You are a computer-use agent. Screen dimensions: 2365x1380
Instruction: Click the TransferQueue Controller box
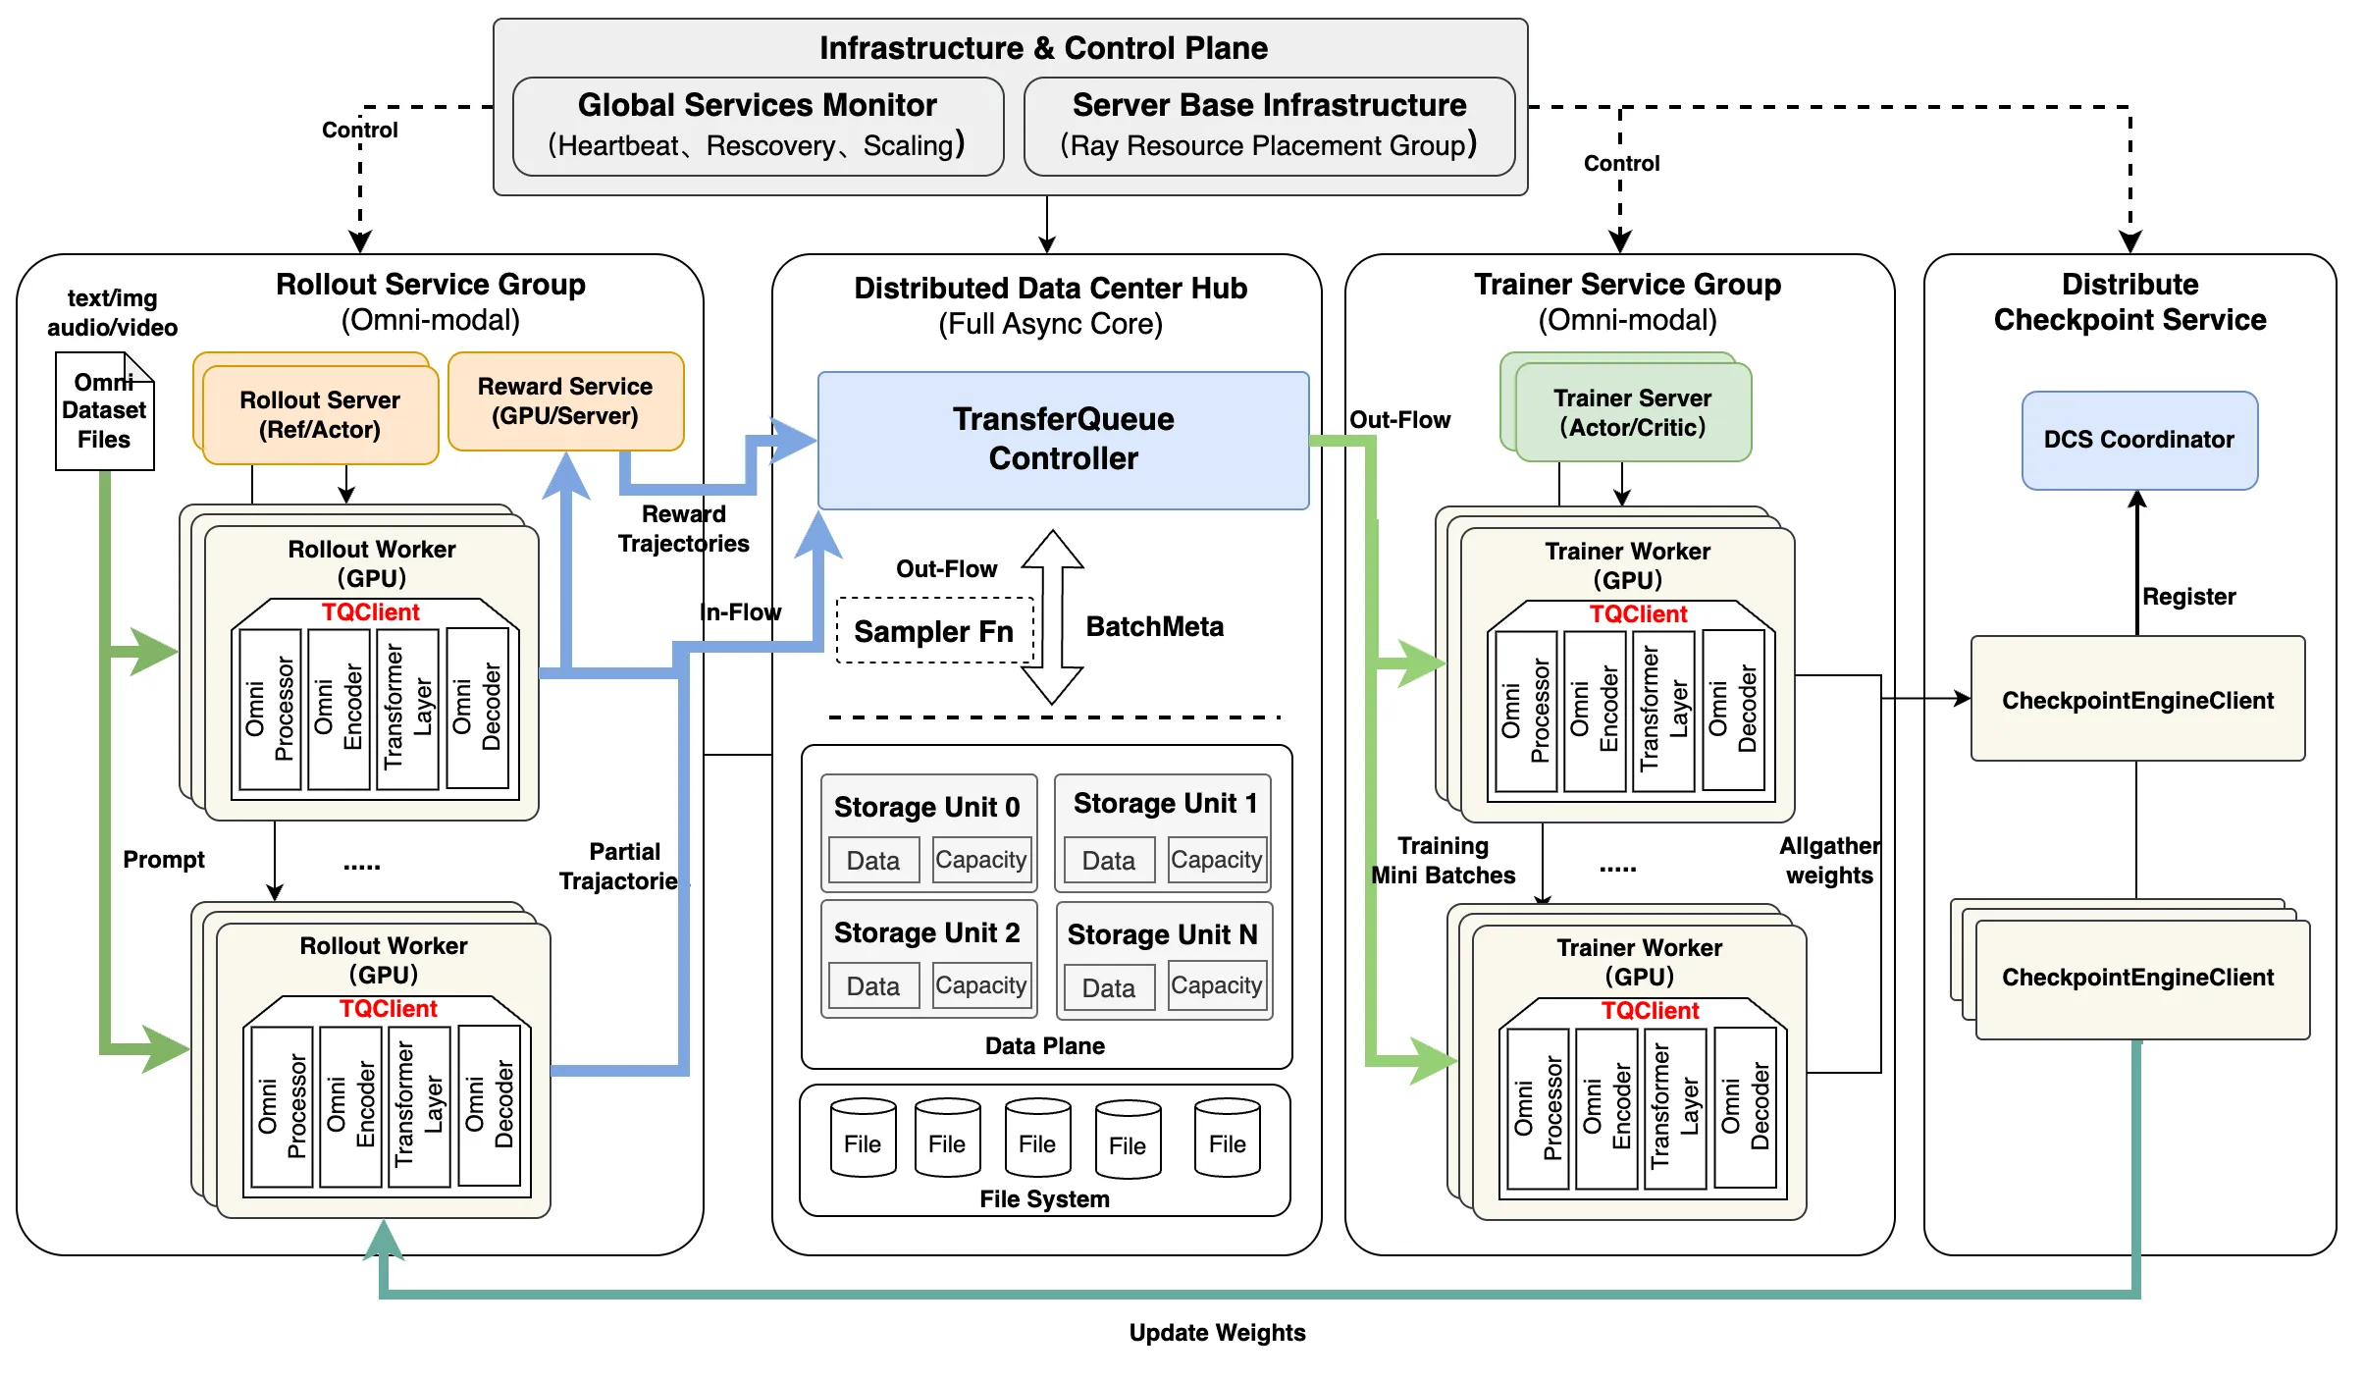click(1063, 440)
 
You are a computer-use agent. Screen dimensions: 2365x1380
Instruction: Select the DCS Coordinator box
click(2139, 440)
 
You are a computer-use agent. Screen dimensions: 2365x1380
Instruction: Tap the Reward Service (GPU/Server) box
click(565, 400)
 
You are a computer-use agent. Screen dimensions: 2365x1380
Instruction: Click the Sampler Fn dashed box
click(935, 630)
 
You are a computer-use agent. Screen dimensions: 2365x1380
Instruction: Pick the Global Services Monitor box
click(758, 126)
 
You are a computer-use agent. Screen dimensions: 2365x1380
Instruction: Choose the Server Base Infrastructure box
click(1269, 126)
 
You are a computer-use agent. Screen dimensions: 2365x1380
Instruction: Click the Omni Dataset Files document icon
click(104, 411)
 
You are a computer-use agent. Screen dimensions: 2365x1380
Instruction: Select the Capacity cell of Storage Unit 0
click(980, 860)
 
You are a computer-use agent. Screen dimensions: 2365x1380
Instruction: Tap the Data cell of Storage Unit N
click(1109, 987)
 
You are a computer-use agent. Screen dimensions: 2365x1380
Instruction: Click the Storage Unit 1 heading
click(1165, 803)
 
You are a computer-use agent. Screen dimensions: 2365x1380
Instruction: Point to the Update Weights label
click(1217, 1332)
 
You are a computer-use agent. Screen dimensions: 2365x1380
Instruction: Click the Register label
click(2188, 596)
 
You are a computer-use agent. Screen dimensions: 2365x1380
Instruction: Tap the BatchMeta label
click(1154, 626)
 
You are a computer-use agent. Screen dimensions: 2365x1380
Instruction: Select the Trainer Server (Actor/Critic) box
click(1633, 412)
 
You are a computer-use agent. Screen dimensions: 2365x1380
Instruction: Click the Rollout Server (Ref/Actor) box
click(320, 414)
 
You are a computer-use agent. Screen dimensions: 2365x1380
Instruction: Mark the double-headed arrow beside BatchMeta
click(1052, 617)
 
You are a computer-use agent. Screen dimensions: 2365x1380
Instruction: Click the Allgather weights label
click(1830, 860)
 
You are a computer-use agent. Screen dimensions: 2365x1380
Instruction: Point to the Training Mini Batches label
click(1443, 860)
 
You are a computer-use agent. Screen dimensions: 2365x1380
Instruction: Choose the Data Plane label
click(1044, 1045)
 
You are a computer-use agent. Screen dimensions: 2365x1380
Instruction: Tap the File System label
click(1044, 1198)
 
